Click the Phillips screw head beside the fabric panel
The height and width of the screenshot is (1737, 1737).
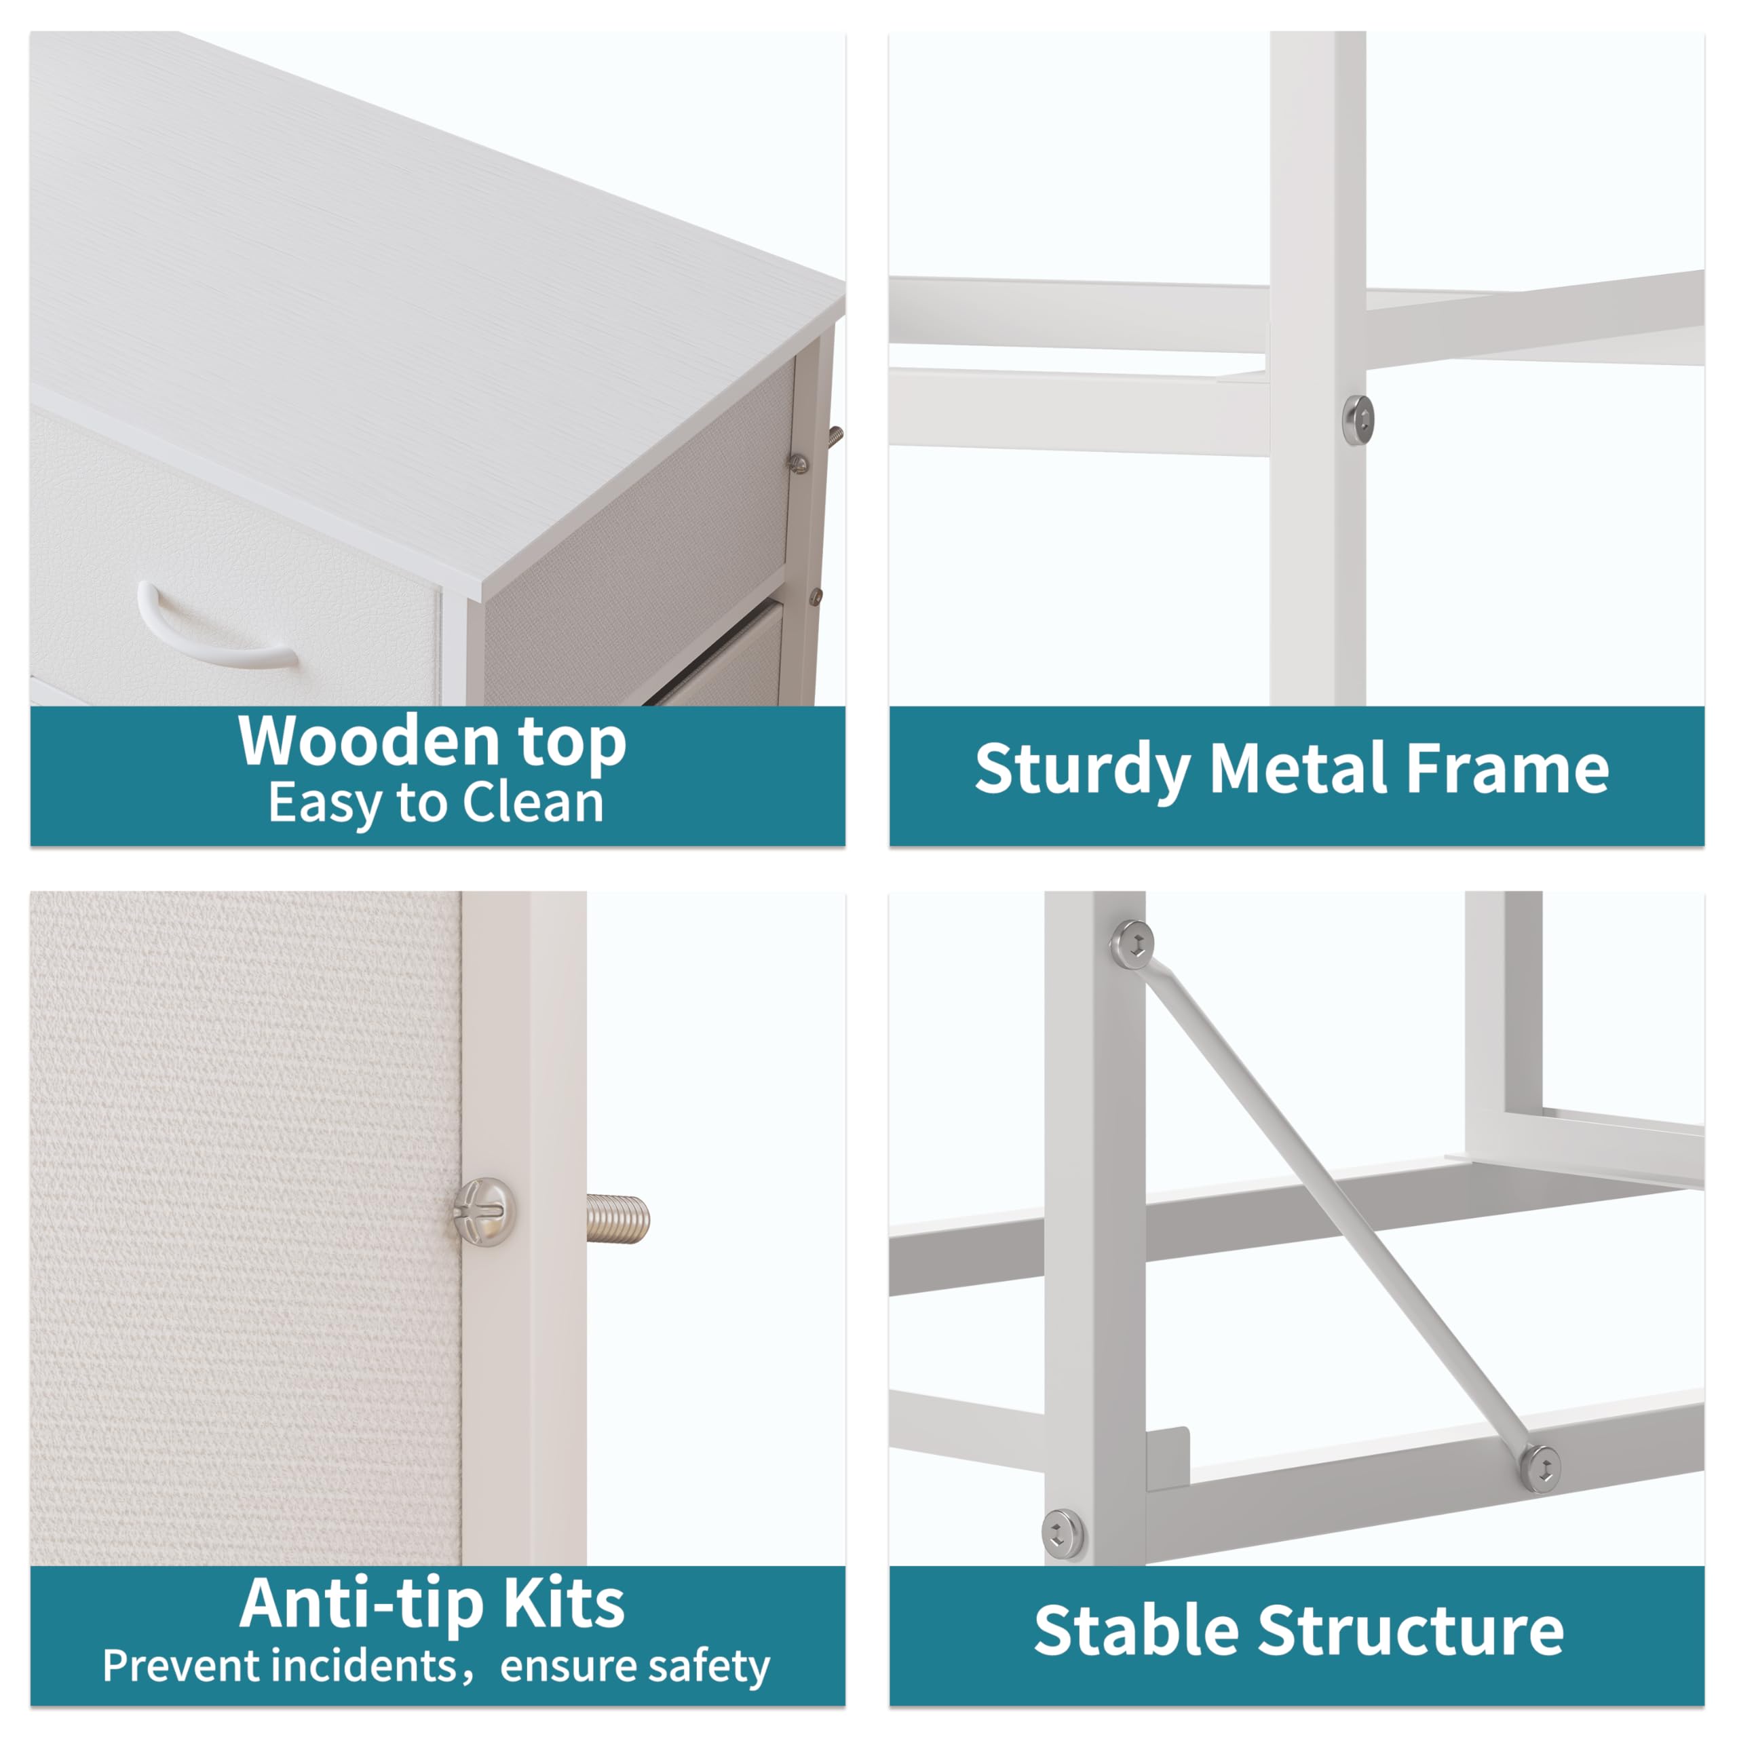(x=484, y=1211)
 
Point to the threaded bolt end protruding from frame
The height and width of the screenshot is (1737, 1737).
(x=619, y=1219)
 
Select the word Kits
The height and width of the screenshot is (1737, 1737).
(x=564, y=1603)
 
